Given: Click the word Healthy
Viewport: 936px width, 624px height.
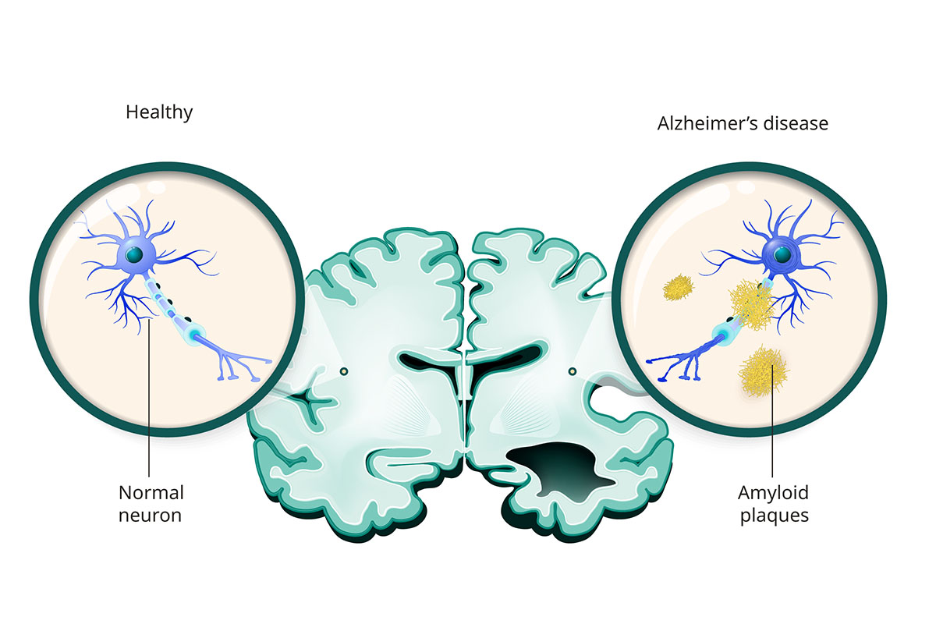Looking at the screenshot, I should coord(159,112).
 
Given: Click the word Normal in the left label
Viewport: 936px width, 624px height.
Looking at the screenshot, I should coord(151,493).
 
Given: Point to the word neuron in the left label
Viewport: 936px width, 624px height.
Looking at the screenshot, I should coord(151,516).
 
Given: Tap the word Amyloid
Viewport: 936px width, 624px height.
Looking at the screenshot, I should coord(773,493).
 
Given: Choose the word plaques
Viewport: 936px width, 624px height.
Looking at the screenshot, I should coord(773,516).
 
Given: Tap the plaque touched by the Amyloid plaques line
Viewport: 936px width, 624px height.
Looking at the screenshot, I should coord(761,371).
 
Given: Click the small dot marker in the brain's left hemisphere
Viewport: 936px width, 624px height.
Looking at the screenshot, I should coord(345,370).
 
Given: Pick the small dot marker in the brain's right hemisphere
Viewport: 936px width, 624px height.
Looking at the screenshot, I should coord(573,370).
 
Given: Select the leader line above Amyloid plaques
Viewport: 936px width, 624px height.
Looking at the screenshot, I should coord(772,437).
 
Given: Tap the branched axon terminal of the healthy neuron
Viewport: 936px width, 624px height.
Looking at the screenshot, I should coord(238,362).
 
